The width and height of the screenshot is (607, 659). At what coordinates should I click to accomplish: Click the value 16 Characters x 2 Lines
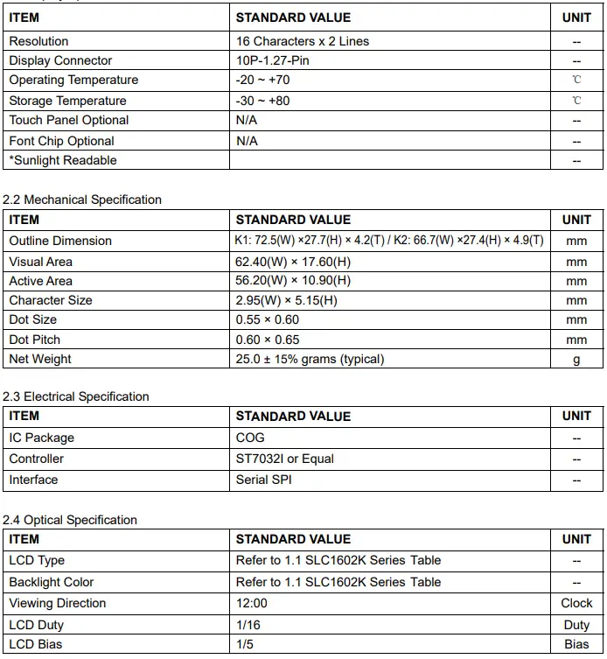click(302, 41)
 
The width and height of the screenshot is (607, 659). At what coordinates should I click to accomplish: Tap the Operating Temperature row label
click(73, 80)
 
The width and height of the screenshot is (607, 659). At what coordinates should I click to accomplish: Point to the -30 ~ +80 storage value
click(262, 101)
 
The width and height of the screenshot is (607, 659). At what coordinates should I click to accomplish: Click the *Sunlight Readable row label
click(63, 160)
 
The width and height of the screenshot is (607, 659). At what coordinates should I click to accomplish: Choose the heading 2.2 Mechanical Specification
click(82, 200)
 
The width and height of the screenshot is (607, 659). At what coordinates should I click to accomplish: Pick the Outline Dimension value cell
click(390, 241)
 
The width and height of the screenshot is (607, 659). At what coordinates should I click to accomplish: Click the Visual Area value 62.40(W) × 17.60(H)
click(293, 262)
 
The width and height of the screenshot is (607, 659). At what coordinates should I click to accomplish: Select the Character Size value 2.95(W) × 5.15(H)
click(286, 300)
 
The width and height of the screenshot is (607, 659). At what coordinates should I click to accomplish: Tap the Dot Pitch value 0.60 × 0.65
click(268, 340)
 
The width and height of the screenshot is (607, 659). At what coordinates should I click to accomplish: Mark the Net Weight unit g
click(576, 360)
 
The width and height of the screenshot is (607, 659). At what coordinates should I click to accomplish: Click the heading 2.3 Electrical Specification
click(76, 396)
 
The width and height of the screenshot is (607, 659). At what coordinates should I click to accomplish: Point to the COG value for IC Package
click(250, 438)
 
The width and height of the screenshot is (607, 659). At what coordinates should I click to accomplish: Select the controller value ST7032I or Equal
click(284, 459)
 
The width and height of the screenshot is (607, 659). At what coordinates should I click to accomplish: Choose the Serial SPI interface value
click(264, 480)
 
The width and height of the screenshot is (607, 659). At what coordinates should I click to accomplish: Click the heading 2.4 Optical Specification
click(70, 520)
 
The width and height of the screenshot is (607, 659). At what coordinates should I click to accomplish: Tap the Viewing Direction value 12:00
click(252, 603)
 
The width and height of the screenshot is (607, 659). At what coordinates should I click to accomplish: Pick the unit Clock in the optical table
click(576, 603)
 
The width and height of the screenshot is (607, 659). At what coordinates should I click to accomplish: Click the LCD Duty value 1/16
click(248, 625)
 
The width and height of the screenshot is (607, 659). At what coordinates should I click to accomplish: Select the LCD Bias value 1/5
click(245, 644)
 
